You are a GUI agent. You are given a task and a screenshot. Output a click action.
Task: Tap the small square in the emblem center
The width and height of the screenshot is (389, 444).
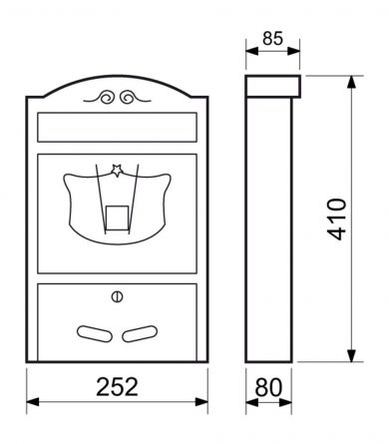tap(116, 213)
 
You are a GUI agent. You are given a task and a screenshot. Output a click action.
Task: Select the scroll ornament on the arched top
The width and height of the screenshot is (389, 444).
tap(116, 99)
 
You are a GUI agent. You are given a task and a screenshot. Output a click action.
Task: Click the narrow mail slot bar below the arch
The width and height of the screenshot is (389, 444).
tap(116, 128)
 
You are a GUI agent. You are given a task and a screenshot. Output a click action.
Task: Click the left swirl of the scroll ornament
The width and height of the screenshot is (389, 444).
tap(105, 99)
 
